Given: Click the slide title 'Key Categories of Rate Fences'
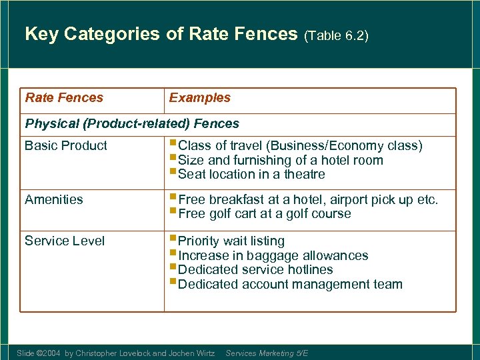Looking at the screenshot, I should click(x=161, y=34).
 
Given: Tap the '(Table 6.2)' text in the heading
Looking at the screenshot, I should click(x=336, y=35).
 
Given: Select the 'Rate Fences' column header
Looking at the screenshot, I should click(x=64, y=97).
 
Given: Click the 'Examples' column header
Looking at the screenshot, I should click(x=199, y=97).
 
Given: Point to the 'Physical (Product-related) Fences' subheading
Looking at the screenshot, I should click(x=131, y=123).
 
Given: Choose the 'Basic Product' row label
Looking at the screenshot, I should click(x=65, y=145).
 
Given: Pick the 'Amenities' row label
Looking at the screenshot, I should click(x=54, y=199).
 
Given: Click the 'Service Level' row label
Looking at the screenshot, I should click(x=65, y=241).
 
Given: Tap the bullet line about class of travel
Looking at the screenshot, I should click(x=300, y=145).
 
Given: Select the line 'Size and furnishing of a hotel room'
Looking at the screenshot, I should click(x=281, y=160).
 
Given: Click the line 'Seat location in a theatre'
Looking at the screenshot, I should click(x=251, y=174).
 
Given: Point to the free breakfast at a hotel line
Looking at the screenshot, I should click(x=308, y=199).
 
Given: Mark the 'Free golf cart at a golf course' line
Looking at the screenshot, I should click(x=264, y=213).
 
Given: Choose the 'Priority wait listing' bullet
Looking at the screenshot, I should click(x=231, y=241).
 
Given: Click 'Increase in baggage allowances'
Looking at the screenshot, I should click(x=273, y=255).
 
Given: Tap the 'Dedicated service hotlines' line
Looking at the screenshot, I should click(x=255, y=269).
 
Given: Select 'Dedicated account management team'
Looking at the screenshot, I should click(x=290, y=284).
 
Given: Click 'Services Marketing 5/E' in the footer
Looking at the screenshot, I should click(x=267, y=353).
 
